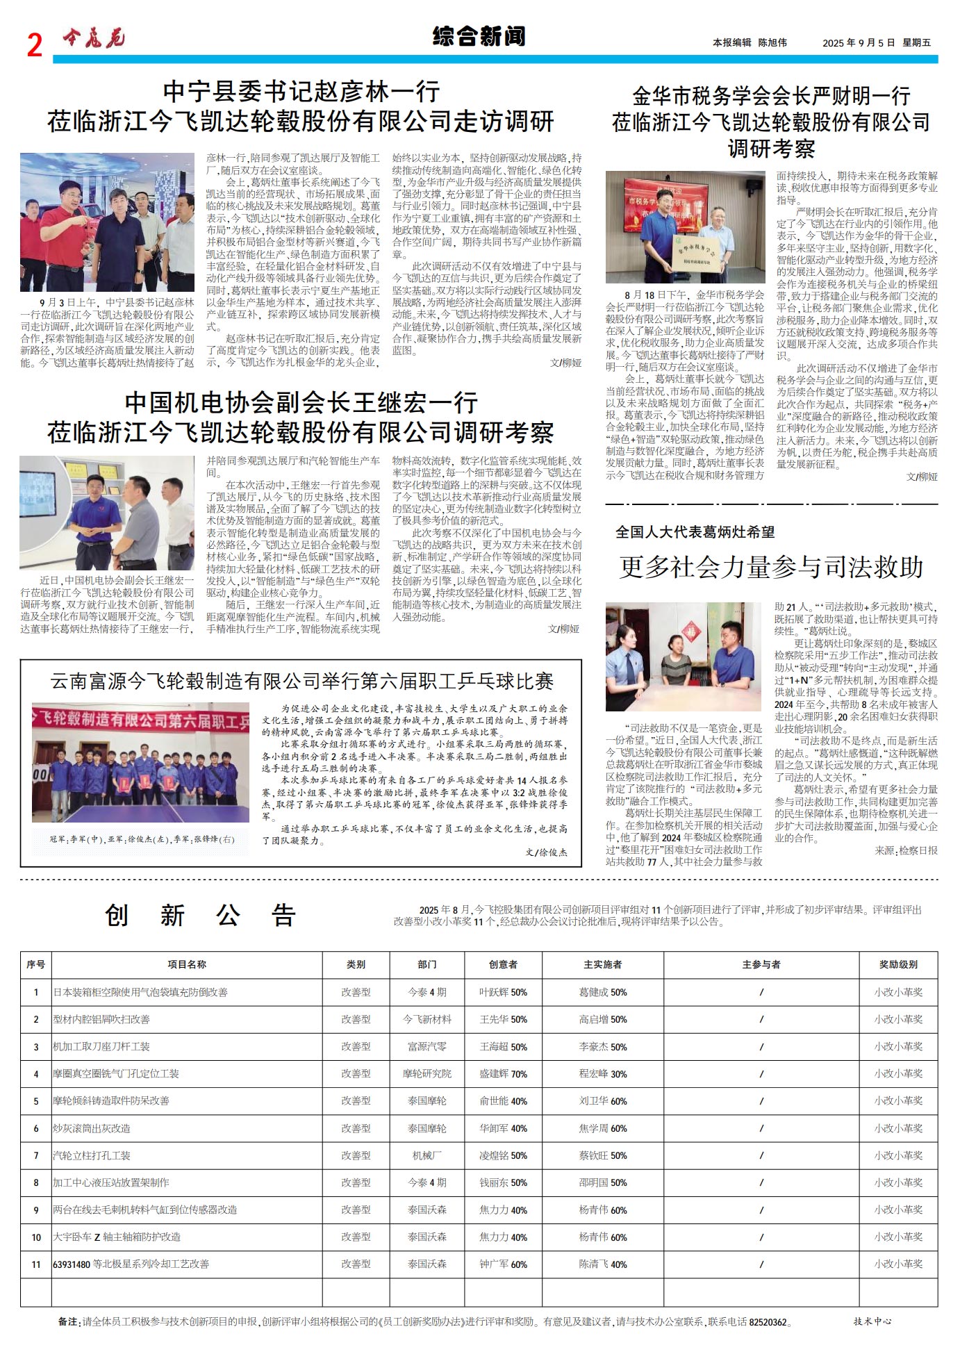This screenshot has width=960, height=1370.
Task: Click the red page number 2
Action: click(x=34, y=45)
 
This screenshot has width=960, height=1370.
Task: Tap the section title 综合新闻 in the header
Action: click(x=479, y=36)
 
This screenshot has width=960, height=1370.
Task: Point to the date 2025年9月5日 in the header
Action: click(x=859, y=43)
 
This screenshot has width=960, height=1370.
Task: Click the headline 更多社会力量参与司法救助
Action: click(x=771, y=567)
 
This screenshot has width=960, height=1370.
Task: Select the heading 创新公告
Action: click(x=201, y=915)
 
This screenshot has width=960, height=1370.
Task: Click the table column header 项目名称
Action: click(x=187, y=964)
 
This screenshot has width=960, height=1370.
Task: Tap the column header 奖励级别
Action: click(x=898, y=964)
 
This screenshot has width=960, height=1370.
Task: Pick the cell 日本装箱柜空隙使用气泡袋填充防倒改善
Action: click(x=140, y=992)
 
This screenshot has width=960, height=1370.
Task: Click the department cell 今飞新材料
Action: click(x=427, y=1019)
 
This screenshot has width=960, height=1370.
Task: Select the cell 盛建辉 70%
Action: click(x=503, y=1073)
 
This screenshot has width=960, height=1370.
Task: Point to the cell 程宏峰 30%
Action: click(x=603, y=1073)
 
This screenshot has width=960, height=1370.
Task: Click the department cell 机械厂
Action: click(x=427, y=1155)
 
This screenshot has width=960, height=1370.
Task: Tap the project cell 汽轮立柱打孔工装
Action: click(x=92, y=1155)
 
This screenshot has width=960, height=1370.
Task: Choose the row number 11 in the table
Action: click(x=36, y=1264)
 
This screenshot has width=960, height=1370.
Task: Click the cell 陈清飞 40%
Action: click(x=603, y=1264)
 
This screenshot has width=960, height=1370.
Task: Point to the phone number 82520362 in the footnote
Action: click(x=769, y=1322)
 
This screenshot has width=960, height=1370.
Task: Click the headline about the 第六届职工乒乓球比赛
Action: click(x=301, y=682)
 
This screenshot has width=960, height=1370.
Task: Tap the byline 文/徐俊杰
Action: click(x=546, y=852)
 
